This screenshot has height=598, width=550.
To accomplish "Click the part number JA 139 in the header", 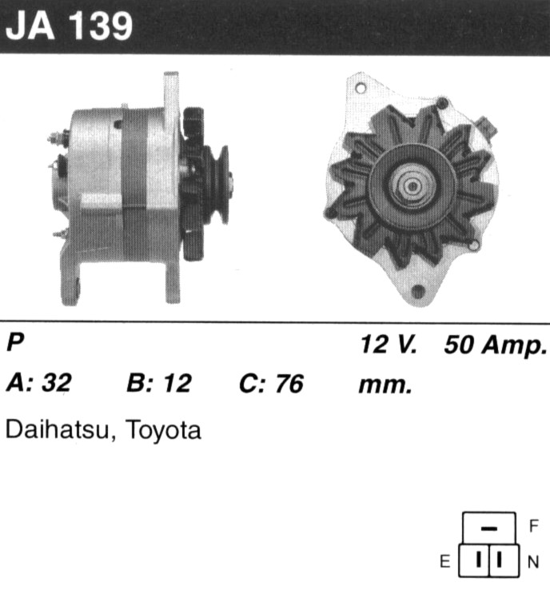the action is (x=69, y=26).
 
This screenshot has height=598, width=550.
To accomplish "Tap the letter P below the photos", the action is (x=15, y=342).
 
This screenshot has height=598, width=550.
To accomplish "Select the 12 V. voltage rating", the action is (x=389, y=344).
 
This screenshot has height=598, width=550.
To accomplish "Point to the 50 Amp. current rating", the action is (x=496, y=345).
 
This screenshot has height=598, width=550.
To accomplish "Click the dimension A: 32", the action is (x=38, y=383).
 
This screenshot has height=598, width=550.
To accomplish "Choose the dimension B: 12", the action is (x=158, y=383).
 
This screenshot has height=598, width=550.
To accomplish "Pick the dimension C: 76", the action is (x=271, y=383).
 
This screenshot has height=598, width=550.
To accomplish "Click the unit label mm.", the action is (x=385, y=385).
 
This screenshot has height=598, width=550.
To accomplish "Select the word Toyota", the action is (x=163, y=431).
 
